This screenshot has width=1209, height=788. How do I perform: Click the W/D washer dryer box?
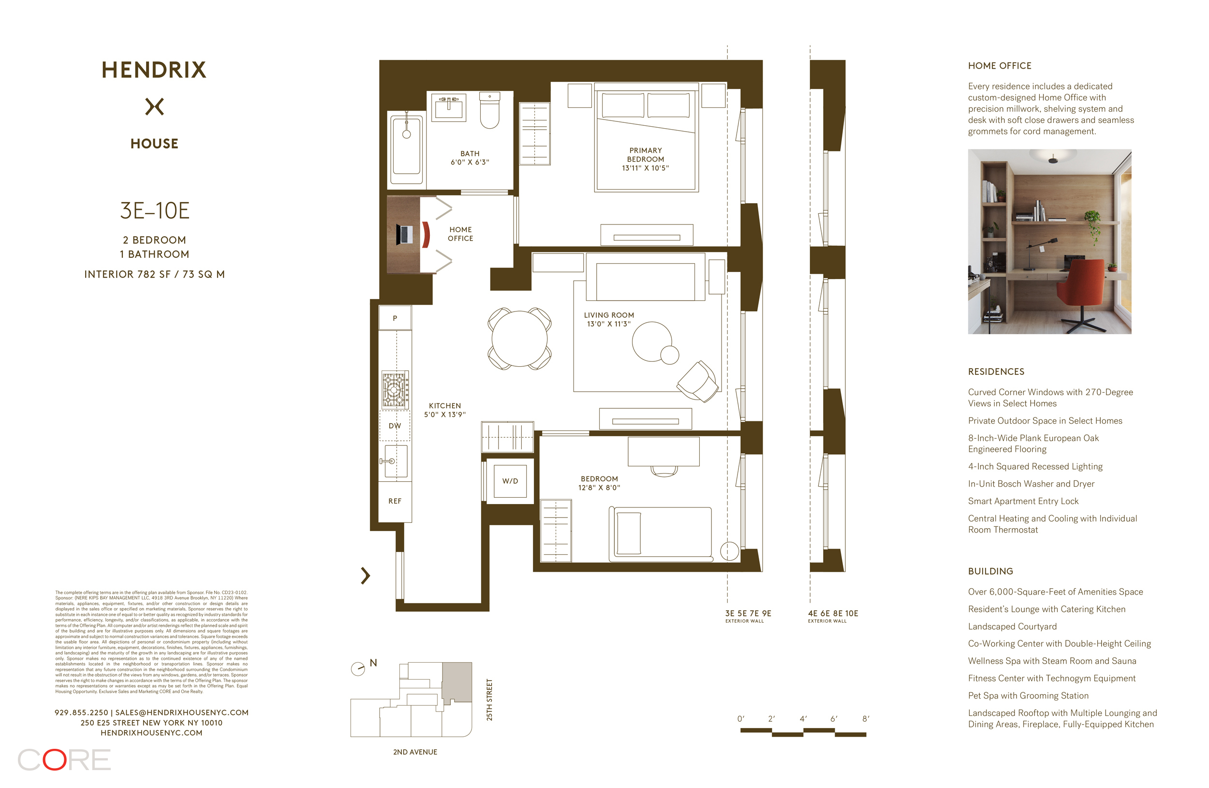pyautogui.click(x=510, y=481)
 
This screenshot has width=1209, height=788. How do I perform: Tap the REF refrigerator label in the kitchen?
pyautogui.click(x=395, y=501)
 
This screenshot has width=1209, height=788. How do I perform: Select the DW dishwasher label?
pyautogui.click(x=395, y=426)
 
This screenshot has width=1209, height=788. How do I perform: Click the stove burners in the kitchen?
pyautogui.click(x=395, y=390)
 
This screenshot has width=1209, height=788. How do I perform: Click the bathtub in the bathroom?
pyautogui.click(x=406, y=146)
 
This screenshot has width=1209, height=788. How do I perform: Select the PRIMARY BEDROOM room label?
pyautogui.click(x=645, y=154)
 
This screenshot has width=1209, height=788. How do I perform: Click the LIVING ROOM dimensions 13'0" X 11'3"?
pyautogui.click(x=608, y=324)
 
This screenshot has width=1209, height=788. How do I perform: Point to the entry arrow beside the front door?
pyautogui.click(x=365, y=576)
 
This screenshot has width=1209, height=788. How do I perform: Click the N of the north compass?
pyautogui.click(x=373, y=663)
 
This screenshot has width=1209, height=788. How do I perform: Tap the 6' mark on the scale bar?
pyautogui.click(x=834, y=719)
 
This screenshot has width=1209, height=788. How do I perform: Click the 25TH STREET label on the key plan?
pyautogui.click(x=489, y=699)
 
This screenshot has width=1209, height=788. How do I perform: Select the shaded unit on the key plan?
pyautogui.click(x=457, y=681)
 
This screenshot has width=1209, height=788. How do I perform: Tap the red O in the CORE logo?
pyautogui.click(x=54, y=759)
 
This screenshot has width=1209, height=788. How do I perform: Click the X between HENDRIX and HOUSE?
pyautogui.click(x=154, y=107)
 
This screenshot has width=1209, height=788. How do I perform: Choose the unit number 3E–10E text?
pyautogui.click(x=154, y=211)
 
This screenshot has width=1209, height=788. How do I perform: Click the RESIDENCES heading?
pyautogui.click(x=996, y=372)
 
